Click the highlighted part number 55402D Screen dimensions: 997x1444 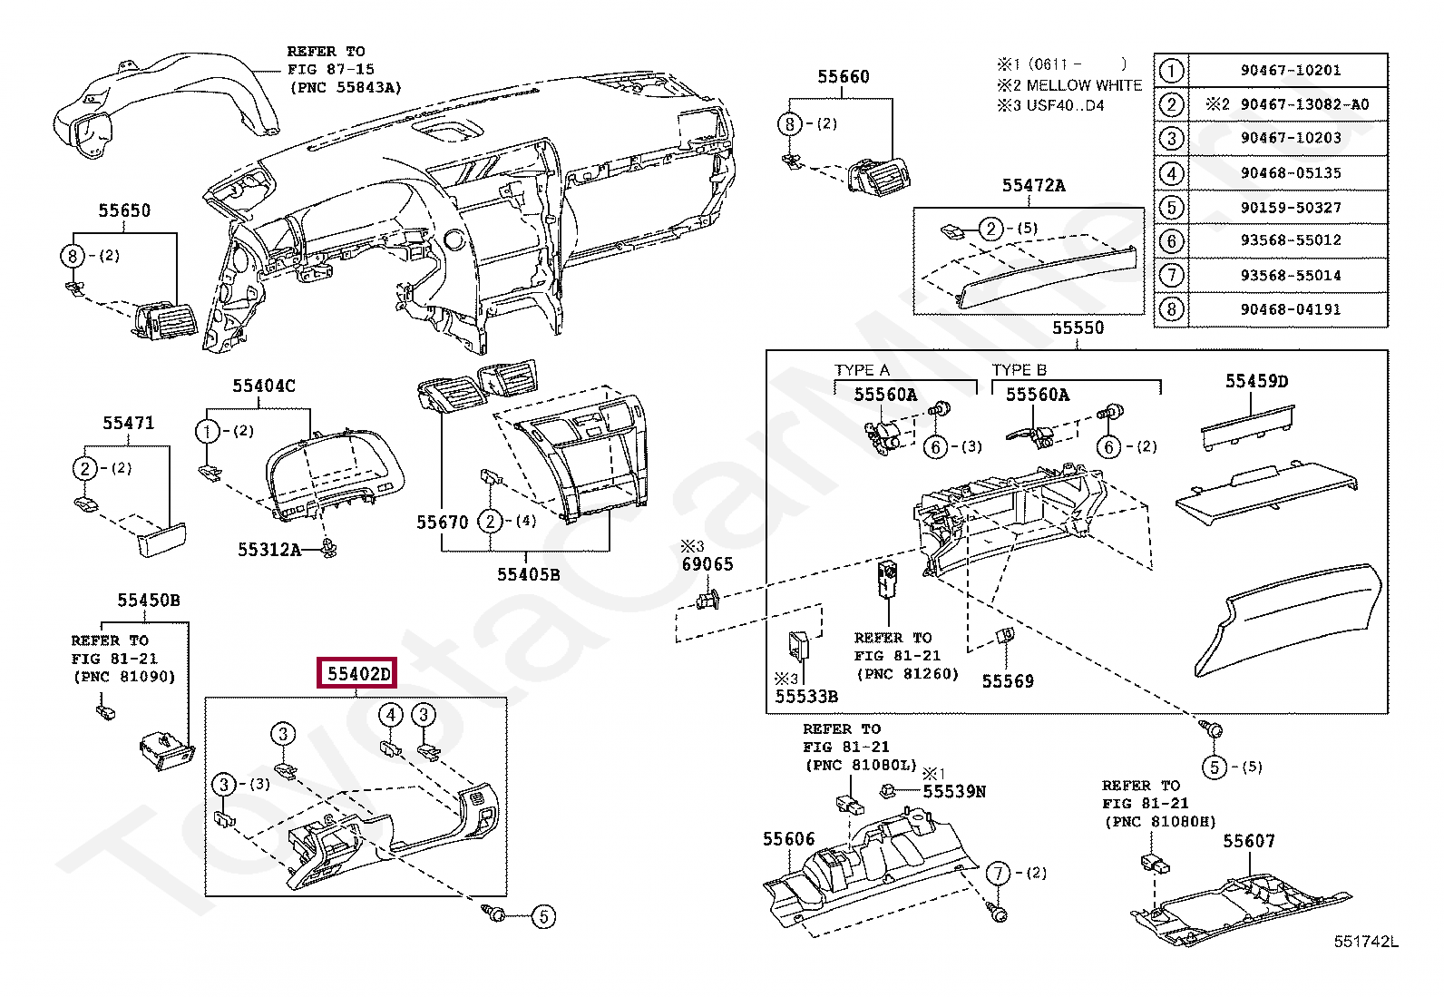pyautogui.click(x=357, y=674)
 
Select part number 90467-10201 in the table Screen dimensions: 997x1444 pyautogui.click(x=1290, y=70)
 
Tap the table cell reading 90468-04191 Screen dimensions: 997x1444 pyautogui.click(x=1290, y=309)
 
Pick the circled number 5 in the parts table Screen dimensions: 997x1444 pyautogui.click(x=1171, y=207)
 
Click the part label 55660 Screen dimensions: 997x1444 pyautogui.click(x=843, y=77)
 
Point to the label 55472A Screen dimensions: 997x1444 pyautogui.click(x=1033, y=186)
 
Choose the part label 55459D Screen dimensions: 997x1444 pyautogui.click(x=1256, y=381)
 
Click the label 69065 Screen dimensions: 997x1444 pyautogui.click(x=707, y=564)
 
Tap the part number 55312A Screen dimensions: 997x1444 pyautogui.click(x=268, y=550)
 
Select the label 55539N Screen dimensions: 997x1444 pyautogui.click(x=953, y=791)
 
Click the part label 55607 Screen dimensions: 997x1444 pyautogui.click(x=1248, y=841)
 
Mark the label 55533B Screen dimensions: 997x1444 pyautogui.click(x=805, y=697)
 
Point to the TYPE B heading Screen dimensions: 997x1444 pyautogui.click(x=1019, y=370)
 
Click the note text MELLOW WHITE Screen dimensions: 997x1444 pyautogui.click(x=1084, y=85)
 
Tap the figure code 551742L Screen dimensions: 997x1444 pyautogui.click(x=1365, y=942)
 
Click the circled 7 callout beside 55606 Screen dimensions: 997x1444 pyautogui.click(x=998, y=873)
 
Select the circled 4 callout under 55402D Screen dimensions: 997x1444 pyautogui.click(x=390, y=716)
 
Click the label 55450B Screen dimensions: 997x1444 pyautogui.click(x=148, y=601)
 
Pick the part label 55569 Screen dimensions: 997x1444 pyautogui.click(x=1007, y=680)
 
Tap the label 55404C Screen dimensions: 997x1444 pyautogui.click(x=263, y=386)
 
